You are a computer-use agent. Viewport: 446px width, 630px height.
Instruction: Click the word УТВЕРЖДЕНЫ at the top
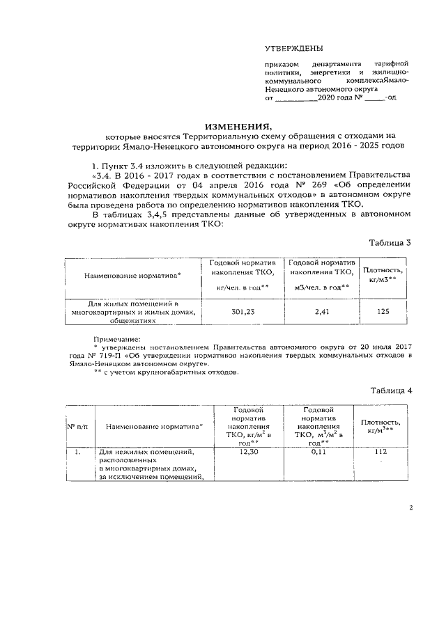293,48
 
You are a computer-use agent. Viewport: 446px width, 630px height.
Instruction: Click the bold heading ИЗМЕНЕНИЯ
237,127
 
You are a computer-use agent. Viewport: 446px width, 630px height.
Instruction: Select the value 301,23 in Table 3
243,313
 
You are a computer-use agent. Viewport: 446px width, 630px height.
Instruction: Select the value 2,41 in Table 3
321,313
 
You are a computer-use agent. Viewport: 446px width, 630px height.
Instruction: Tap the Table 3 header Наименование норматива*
132,276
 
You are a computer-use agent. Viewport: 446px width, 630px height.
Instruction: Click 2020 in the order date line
327,99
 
